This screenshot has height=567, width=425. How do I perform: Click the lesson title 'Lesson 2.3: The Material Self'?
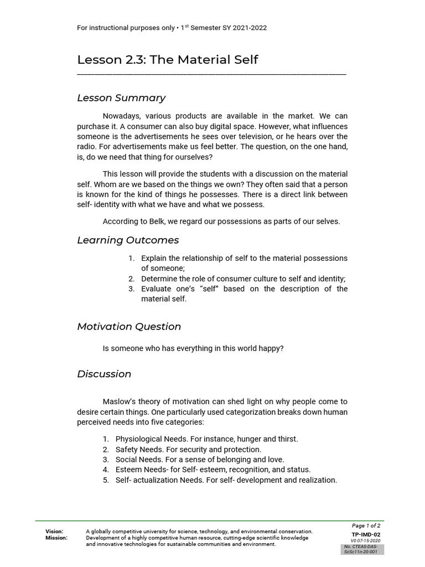(168, 60)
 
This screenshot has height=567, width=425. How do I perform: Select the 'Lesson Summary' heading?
(121, 98)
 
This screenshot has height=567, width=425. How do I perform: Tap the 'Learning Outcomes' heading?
(128, 240)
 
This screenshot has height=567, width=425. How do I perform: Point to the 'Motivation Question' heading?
(129, 327)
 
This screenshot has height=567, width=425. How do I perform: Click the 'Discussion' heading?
(104, 374)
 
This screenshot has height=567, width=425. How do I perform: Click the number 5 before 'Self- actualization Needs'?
(106, 480)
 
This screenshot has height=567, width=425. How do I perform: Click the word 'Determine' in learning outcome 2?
(159, 279)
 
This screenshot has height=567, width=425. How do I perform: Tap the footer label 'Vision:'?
(54, 532)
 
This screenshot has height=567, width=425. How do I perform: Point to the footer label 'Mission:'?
(56, 538)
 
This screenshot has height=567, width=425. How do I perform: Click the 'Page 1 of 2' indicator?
(366, 525)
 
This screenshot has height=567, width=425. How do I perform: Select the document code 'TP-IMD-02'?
(366, 534)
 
